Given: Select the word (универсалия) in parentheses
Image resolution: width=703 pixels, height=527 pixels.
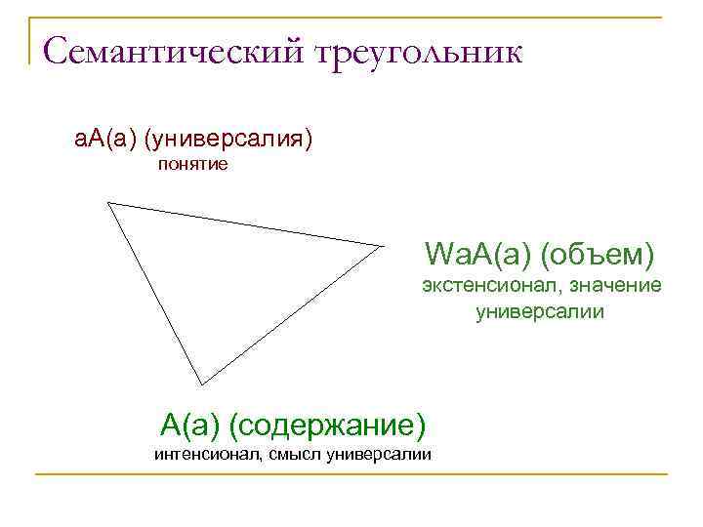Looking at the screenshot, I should (x=228, y=140).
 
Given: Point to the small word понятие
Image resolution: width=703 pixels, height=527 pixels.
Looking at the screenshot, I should (x=193, y=165).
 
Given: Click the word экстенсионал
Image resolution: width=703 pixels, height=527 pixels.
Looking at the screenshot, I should (x=478, y=285).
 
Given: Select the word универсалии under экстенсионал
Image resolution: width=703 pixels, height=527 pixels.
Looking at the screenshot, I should (x=540, y=312).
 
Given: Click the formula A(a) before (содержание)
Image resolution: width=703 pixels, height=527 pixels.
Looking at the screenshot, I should (x=189, y=425).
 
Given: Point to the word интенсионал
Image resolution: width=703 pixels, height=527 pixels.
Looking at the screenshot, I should (x=205, y=456).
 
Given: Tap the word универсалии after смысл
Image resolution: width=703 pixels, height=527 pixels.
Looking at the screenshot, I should (x=379, y=456).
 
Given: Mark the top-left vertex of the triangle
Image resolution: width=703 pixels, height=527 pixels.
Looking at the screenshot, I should (x=108, y=203).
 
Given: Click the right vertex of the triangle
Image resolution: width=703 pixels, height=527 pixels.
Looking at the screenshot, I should (x=379, y=246).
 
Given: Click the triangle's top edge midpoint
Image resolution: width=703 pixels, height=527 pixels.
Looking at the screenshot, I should (x=244, y=224).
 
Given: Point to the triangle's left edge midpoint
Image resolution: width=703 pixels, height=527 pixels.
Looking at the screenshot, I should (x=155, y=293).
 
